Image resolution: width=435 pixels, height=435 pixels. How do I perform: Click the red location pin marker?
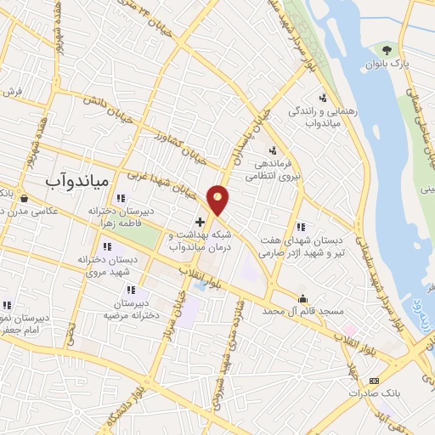[x=219, y=201]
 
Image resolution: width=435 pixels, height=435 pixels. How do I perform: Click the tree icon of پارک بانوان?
[x=387, y=51]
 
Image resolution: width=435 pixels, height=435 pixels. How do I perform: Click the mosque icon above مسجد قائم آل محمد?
[x=302, y=297]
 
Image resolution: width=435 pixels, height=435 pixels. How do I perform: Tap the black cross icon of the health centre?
[x=200, y=222]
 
